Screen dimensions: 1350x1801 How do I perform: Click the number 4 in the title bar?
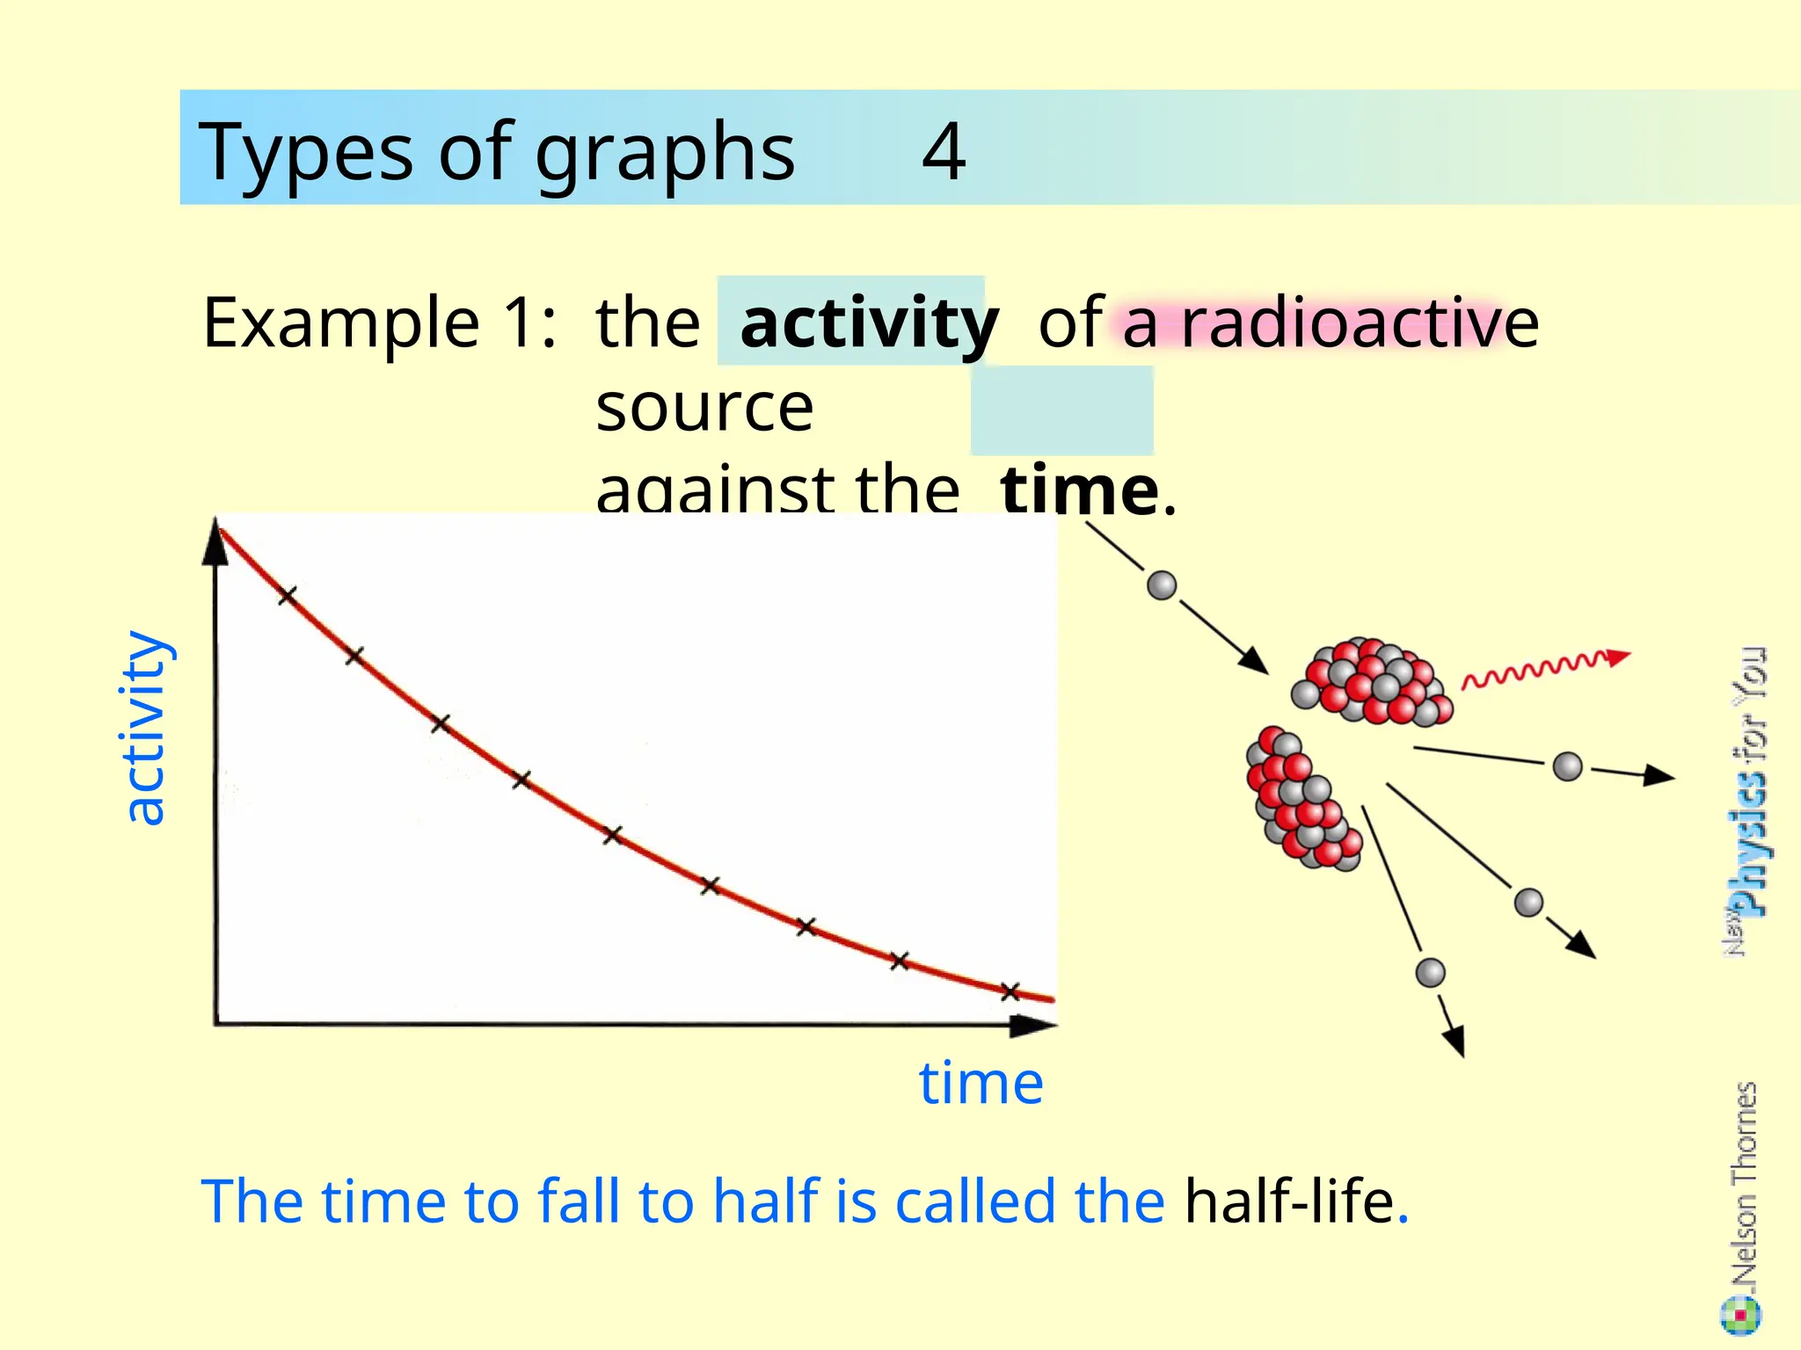[x=944, y=151]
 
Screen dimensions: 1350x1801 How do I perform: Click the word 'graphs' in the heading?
[x=665, y=154]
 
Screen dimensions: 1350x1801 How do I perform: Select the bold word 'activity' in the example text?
[x=869, y=323]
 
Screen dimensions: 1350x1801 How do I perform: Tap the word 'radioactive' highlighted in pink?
[x=1360, y=323]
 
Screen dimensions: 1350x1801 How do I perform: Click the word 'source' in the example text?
[x=704, y=408]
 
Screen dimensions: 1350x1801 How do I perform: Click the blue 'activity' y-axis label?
[x=144, y=728]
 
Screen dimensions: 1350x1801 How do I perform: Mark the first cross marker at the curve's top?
[x=287, y=596]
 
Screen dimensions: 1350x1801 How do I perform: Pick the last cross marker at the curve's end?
[x=1010, y=991]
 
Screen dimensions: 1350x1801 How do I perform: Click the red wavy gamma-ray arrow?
[x=1543, y=669]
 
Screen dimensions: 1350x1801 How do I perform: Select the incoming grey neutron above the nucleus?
[x=1162, y=585]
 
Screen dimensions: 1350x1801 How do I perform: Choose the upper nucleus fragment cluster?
[x=1371, y=682]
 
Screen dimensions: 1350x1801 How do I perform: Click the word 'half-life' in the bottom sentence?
[x=1289, y=1201]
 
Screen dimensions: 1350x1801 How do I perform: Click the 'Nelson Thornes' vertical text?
[x=1744, y=1186]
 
